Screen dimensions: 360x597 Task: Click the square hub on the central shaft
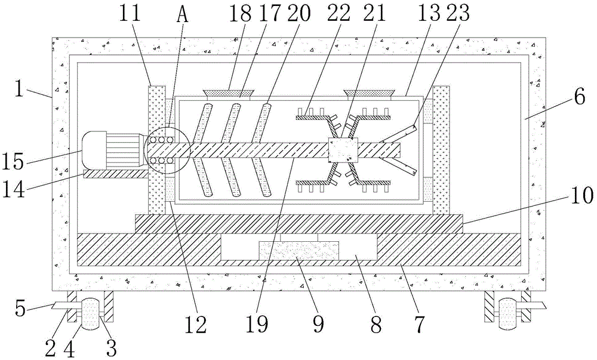pyautogui.click(x=343, y=150)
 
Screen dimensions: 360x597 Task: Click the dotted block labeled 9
pyautogui.click(x=298, y=250)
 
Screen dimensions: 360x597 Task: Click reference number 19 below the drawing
pyautogui.click(x=257, y=324)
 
